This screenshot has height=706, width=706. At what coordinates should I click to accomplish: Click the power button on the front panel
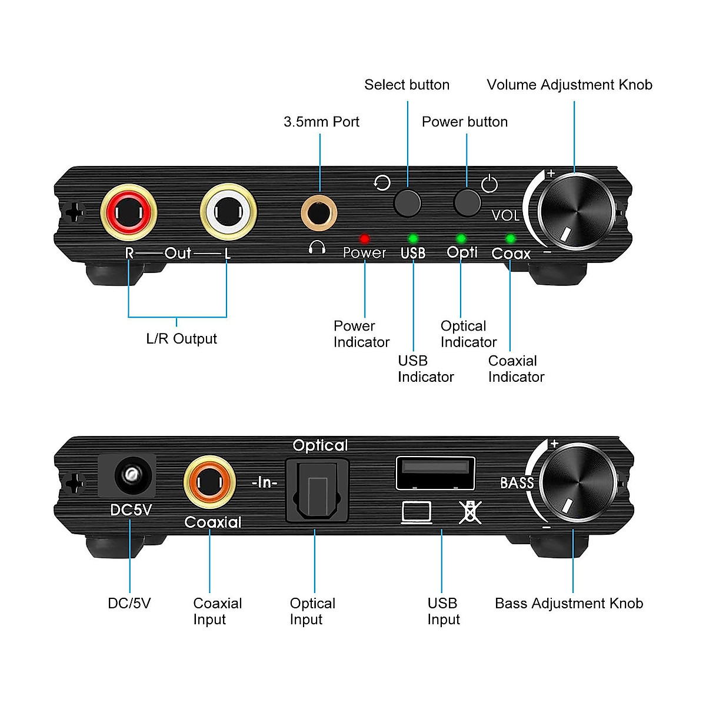(467, 202)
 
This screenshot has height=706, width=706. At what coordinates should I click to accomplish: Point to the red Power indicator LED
(365, 239)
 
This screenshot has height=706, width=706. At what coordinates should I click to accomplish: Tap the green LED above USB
(413, 239)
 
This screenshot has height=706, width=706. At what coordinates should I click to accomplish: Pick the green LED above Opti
(461, 239)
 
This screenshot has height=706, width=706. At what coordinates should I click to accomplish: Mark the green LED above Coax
(511, 239)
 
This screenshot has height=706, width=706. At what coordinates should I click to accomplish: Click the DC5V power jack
(128, 475)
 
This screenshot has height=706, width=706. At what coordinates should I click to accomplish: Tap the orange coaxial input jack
(209, 484)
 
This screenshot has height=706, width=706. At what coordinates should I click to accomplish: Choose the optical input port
(317, 491)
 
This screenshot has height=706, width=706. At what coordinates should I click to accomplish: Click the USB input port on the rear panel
(435, 472)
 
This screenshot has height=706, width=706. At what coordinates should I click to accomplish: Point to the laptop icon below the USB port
(417, 512)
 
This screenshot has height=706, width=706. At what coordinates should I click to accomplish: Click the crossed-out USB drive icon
(469, 512)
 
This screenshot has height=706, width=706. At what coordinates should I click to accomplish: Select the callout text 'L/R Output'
(181, 339)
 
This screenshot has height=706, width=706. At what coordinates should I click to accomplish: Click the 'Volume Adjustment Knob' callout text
(570, 85)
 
